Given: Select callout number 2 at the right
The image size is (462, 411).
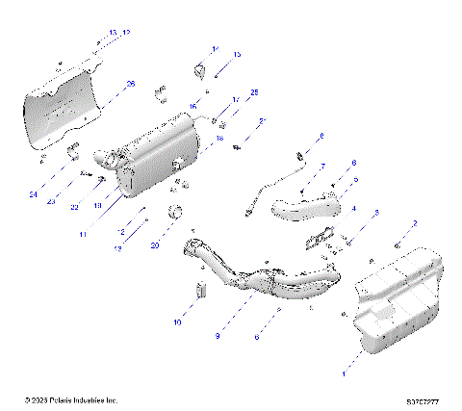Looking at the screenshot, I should tap(415, 224).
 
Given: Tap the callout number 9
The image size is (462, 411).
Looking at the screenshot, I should tap(218, 336).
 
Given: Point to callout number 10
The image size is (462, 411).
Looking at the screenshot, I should tap(177, 323).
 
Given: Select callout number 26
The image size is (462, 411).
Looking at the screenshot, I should tap(131, 85).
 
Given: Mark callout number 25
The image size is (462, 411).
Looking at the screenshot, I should tap(255, 91).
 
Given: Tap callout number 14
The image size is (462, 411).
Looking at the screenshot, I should tap(215, 49).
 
